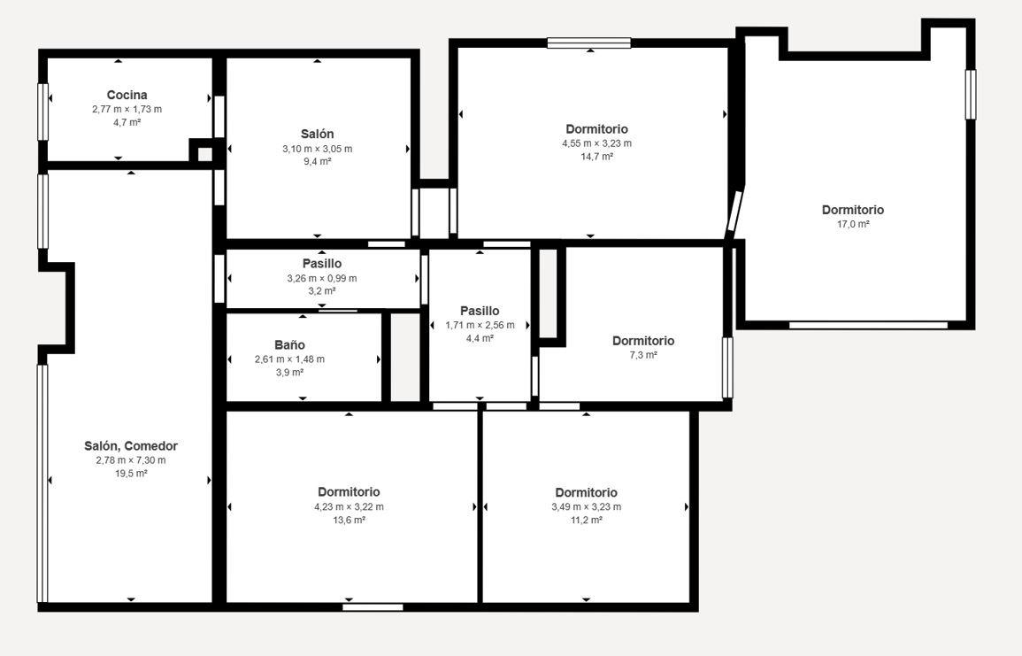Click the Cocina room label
point(127,96)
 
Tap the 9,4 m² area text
point(318,162)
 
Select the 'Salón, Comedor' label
point(131,446)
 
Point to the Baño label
point(289,345)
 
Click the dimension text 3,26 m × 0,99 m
point(322,279)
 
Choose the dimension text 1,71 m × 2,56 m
point(480,325)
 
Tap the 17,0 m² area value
point(853,224)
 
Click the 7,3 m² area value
point(643,355)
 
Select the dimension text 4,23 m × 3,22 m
point(349,506)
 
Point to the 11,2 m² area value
point(587,520)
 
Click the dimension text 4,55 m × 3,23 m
point(597,143)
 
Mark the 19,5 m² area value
point(131,474)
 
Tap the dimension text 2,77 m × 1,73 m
point(127,109)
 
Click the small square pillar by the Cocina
point(204,154)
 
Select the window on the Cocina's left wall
point(43,112)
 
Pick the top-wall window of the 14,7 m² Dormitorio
point(589,43)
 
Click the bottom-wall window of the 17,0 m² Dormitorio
point(869,325)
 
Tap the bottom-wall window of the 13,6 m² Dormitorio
point(373,607)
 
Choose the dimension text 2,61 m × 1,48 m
point(289,359)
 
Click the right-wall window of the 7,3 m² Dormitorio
point(727,367)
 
